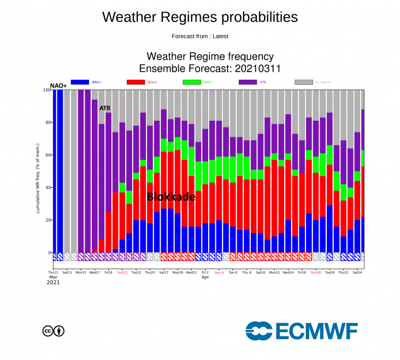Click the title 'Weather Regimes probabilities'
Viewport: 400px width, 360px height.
coord(199,17)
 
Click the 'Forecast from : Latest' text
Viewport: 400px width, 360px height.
coord(199,37)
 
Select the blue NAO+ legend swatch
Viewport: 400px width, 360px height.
coord(80,82)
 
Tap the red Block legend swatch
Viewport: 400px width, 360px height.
coord(136,82)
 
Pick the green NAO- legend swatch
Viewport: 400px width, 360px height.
coord(192,82)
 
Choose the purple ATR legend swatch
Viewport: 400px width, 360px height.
coord(248,82)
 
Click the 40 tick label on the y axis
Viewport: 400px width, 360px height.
coord(46,188)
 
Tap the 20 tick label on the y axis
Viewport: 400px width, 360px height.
coord(46,220)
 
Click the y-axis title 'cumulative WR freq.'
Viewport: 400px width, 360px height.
coord(38,186)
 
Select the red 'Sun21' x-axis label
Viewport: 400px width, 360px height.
coord(122,272)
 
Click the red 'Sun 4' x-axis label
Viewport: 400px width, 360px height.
coord(219,272)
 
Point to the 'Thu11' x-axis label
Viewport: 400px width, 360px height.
coord(53,272)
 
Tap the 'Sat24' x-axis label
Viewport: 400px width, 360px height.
coord(357,272)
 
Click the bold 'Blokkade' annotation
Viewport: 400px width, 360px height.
coord(170,197)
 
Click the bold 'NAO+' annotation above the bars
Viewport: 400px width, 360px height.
coord(58,86)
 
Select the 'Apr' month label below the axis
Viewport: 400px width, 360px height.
coord(205,277)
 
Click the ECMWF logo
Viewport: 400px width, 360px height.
coord(301,330)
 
